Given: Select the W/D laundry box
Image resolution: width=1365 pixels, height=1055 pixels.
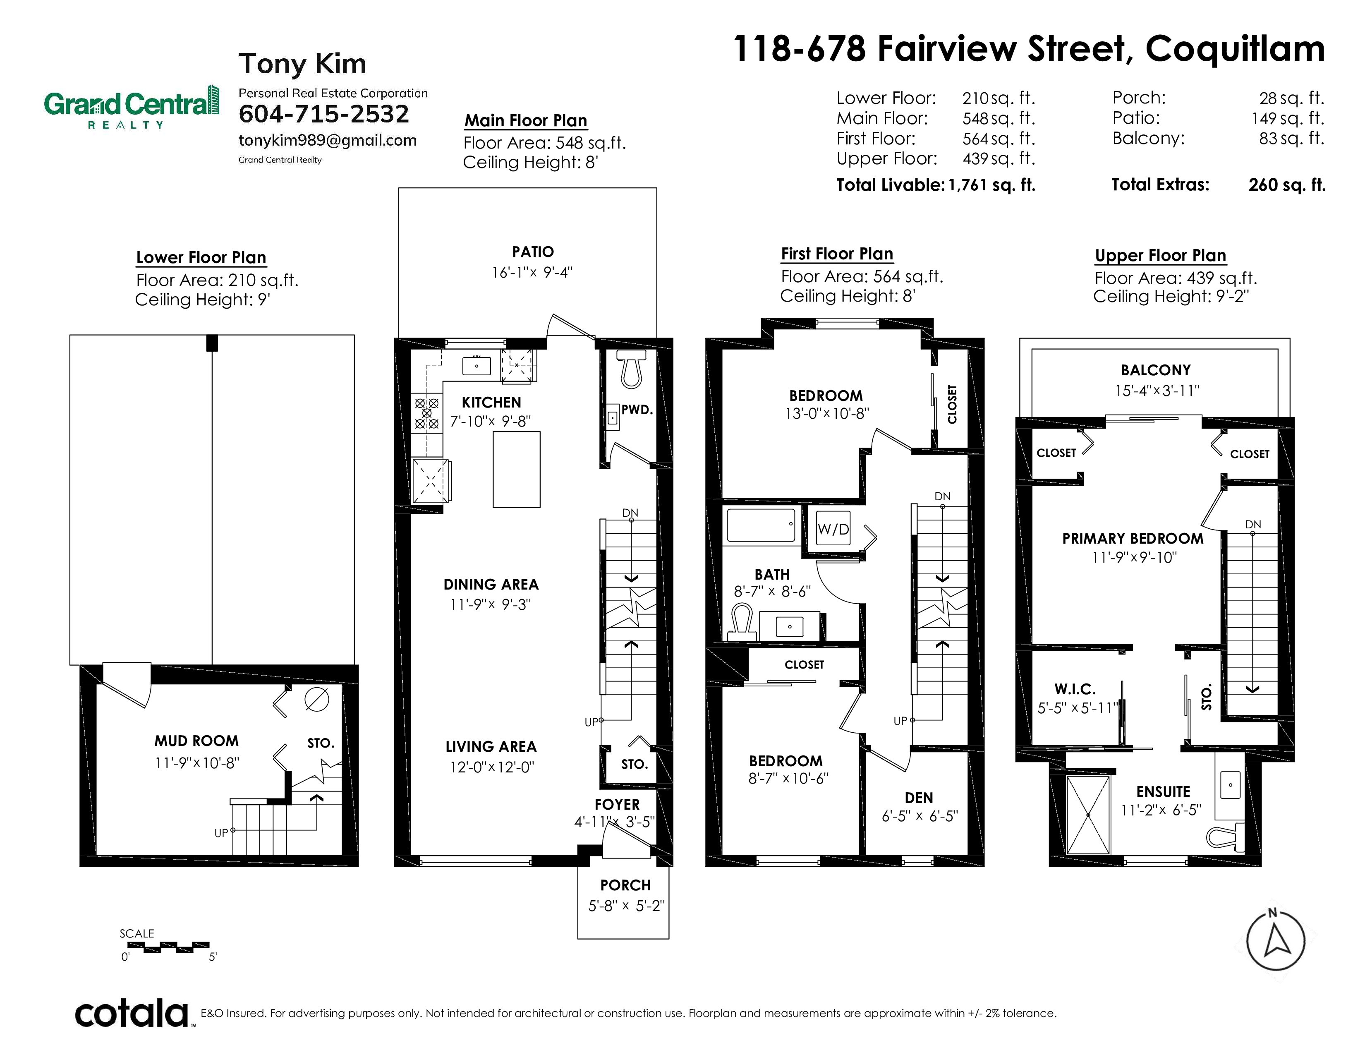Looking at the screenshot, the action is click(x=833, y=529).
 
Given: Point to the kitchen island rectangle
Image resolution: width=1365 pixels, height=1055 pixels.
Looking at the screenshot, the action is click(x=516, y=469).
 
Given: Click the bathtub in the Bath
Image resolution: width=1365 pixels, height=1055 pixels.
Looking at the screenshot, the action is click(x=761, y=524).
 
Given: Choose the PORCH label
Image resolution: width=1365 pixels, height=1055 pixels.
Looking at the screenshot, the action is click(x=625, y=885).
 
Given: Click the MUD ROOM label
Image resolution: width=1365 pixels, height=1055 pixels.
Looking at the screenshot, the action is click(x=196, y=741).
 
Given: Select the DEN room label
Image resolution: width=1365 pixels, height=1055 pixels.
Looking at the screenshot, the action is click(x=919, y=798).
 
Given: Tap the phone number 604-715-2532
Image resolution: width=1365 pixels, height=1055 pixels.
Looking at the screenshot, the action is click(x=324, y=114).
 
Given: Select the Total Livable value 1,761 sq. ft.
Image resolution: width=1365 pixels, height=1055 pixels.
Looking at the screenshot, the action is click(x=992, y=185).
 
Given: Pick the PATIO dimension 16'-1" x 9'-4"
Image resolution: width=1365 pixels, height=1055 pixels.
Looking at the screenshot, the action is click(x=532, y=273).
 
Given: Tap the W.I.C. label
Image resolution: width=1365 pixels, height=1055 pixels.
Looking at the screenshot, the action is click(x=1075, y=689).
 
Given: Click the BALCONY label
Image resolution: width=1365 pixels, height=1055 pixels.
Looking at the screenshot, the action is click(x=1156, y=370).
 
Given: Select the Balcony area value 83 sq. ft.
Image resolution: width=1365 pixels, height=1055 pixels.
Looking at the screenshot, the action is click(x=1291, y=138).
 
